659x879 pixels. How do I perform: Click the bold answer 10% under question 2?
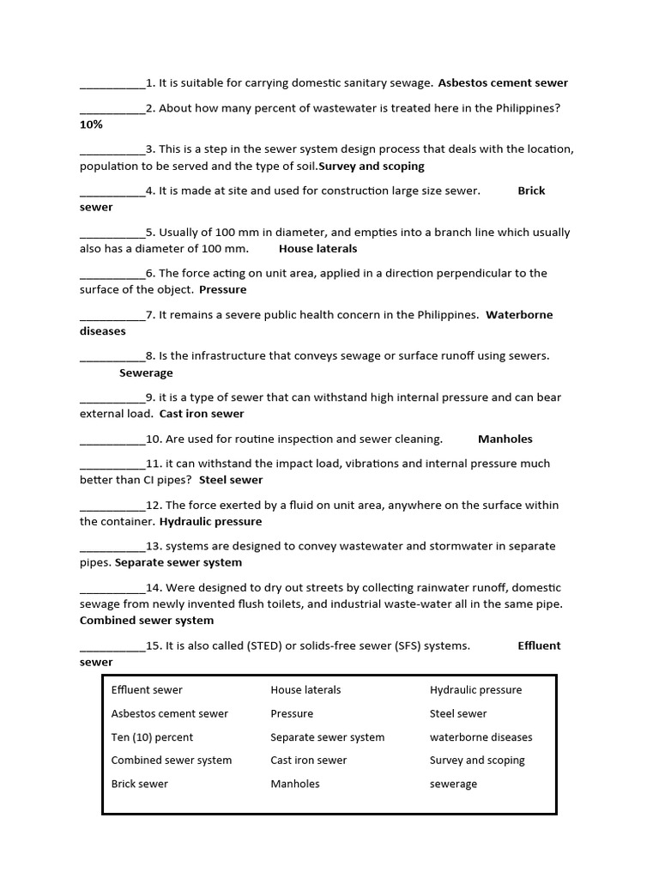[x=91, y=124]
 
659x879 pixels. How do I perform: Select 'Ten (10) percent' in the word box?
[x=152, y=737]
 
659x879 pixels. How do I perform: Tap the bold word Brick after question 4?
[x=531, y=191]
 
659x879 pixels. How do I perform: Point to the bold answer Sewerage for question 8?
[x=146, y=373]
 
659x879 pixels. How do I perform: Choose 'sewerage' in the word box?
[x=453, y=784]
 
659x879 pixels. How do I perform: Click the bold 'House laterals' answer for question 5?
[x=317, y=248]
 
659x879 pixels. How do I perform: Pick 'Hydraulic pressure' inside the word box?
[x=475, y=690]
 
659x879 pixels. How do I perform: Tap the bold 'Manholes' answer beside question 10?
[x=505, y=439]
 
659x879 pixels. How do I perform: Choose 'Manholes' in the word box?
[x=295, y=784]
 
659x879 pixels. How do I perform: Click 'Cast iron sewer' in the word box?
[x=309, y=761]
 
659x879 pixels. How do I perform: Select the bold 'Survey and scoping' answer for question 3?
[x=372, y=166]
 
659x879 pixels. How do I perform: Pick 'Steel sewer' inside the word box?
[x=458, y=713]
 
